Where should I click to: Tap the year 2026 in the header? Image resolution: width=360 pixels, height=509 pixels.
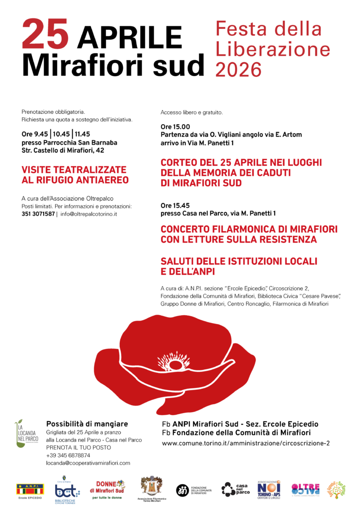point(239,69)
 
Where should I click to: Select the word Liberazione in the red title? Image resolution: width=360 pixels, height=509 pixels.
point(273,49)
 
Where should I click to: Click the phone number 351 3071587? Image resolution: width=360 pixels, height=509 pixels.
point(38,214)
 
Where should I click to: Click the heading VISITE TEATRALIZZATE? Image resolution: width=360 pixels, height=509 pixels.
point(74,170)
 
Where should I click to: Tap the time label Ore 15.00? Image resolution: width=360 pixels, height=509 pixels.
point(175,127)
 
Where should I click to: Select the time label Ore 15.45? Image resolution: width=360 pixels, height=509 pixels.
point(175,205)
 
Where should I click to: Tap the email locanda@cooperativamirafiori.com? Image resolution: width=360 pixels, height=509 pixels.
point(88,463)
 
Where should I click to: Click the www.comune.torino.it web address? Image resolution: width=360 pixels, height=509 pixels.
point(246,443)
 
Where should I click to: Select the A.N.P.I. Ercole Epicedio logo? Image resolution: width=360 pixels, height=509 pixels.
point(30,490)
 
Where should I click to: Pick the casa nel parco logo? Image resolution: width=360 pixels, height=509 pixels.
point(234,489)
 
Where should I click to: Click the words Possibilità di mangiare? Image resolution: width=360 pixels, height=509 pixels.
point(87,424)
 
